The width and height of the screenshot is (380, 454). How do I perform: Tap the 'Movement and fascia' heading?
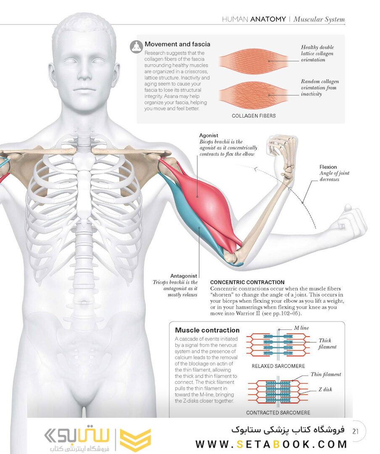tap(177, 44)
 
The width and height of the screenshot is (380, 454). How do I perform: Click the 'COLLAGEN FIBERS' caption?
tap(254, 116)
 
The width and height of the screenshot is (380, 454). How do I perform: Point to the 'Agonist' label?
tap(208, 135)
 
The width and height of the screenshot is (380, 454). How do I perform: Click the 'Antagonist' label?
tap(184, 276)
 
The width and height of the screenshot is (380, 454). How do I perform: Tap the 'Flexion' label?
tap(328, 167)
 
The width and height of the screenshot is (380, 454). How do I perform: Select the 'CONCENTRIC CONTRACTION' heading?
tap(247, 282)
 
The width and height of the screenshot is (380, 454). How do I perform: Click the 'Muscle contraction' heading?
tap(207, 330)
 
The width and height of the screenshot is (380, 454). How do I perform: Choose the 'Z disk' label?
tap(325, 389)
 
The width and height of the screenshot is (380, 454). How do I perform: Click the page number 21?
tap(356, 431)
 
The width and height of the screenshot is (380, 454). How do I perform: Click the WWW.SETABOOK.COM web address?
tap(272, 444)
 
